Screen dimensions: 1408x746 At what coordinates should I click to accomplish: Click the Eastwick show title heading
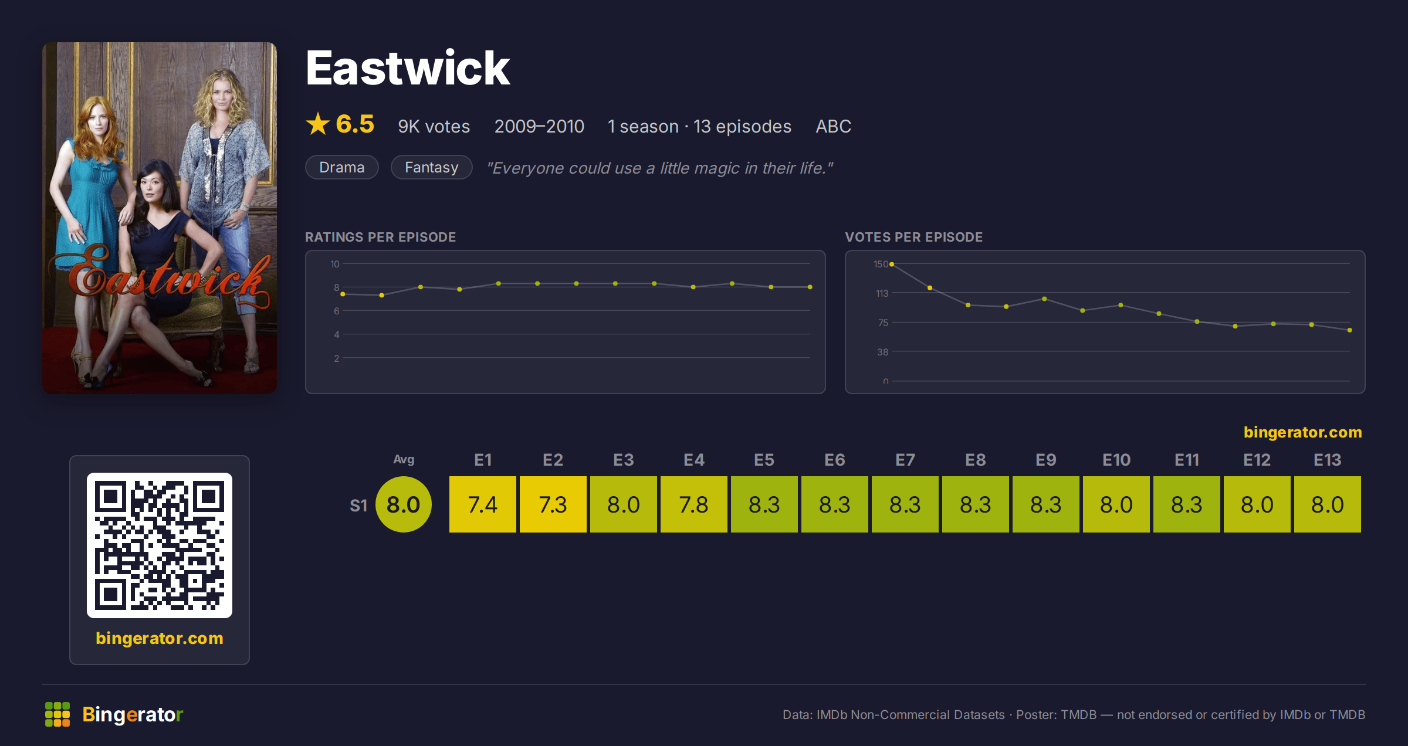[408, 68]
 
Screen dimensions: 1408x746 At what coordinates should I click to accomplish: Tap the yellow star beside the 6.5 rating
[318, 124]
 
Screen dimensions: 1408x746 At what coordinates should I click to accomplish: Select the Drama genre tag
[342, 167]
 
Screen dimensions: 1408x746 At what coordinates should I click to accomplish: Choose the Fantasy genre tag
[431, 167]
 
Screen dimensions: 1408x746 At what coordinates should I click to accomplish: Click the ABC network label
[833, 126]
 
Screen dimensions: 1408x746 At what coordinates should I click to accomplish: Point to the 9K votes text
[434, 126]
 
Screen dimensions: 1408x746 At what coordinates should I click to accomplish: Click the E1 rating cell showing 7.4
[483, 504]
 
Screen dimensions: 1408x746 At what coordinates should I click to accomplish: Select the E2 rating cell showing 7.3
[553, 504]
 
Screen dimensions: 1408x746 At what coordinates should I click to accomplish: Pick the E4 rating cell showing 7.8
[694, 504]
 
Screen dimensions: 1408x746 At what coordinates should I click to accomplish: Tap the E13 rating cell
[1328, 504]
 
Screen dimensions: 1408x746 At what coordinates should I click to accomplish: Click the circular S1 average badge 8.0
[404, 504]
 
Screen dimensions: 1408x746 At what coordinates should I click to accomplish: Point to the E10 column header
[1116, 460]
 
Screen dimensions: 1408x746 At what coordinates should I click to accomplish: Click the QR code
[160, 545]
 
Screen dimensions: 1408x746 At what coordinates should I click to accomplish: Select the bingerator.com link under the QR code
[160, 638]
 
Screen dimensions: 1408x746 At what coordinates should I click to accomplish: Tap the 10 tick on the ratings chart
[334, 264]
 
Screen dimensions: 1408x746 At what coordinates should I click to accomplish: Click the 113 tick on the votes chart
[882, 293]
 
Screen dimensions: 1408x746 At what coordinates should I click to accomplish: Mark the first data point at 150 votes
[892, 265]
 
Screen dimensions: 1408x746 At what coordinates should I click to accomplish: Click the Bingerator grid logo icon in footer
[57, 714]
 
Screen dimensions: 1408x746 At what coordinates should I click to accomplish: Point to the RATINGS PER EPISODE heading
[380, 237]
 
